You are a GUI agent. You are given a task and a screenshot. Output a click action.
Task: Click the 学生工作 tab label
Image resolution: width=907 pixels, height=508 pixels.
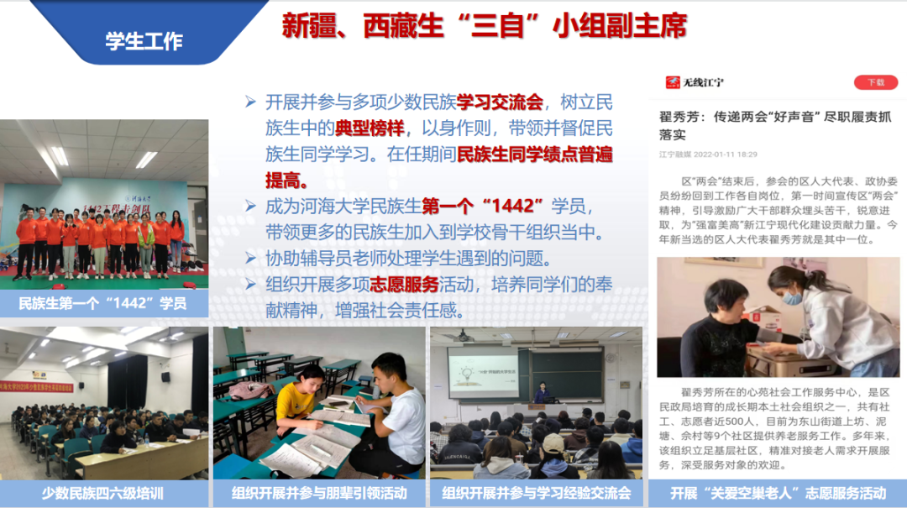pyautogui.click(x=144, y=41)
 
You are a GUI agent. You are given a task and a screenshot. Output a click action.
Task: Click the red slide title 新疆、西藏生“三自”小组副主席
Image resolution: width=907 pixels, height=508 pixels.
pyautogui.click(x=484, y=26)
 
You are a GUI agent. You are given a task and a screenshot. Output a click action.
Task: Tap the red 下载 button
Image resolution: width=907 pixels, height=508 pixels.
pyautogui.click(x=875, y=82)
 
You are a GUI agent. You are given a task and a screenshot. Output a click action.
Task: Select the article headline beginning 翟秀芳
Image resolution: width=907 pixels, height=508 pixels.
pyautogui.click(x=774, y=125)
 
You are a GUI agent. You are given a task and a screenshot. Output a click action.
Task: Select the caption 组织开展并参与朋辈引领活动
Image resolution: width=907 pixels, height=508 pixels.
pyautogui.click(x=318, y=493)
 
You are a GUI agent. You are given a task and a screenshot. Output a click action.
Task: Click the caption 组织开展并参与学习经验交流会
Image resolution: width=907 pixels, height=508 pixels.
pyautogui.click(x=536, y=493)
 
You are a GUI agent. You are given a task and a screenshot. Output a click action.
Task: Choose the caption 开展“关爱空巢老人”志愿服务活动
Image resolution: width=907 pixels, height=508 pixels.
pyautogui.click(x=778, y=493)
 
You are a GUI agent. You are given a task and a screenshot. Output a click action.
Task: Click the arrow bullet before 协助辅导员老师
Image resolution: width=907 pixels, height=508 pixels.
pyautogui.click(x=250, y=259)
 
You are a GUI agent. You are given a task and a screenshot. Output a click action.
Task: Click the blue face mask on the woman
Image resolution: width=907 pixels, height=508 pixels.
pyautogui.click(x=792, y=298)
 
